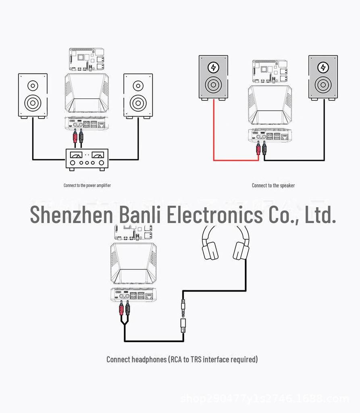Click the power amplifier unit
[x=87, y=159]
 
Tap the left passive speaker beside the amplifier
[x=33, y=95]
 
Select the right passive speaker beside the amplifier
[x=138, y=95]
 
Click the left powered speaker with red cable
[x=213, y=77]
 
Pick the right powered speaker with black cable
[x=323, y=77]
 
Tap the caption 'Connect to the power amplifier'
[x=87, y=186]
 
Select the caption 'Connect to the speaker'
[x=273, y=186]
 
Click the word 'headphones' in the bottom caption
[x=149, y=359]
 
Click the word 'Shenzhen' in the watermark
[x=71, y=214]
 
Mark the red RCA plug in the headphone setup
[x=121, y=309]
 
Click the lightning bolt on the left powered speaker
[x=213, y=67]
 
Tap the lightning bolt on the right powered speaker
[x=323, y=67]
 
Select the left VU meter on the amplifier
[x=76, y=154]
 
